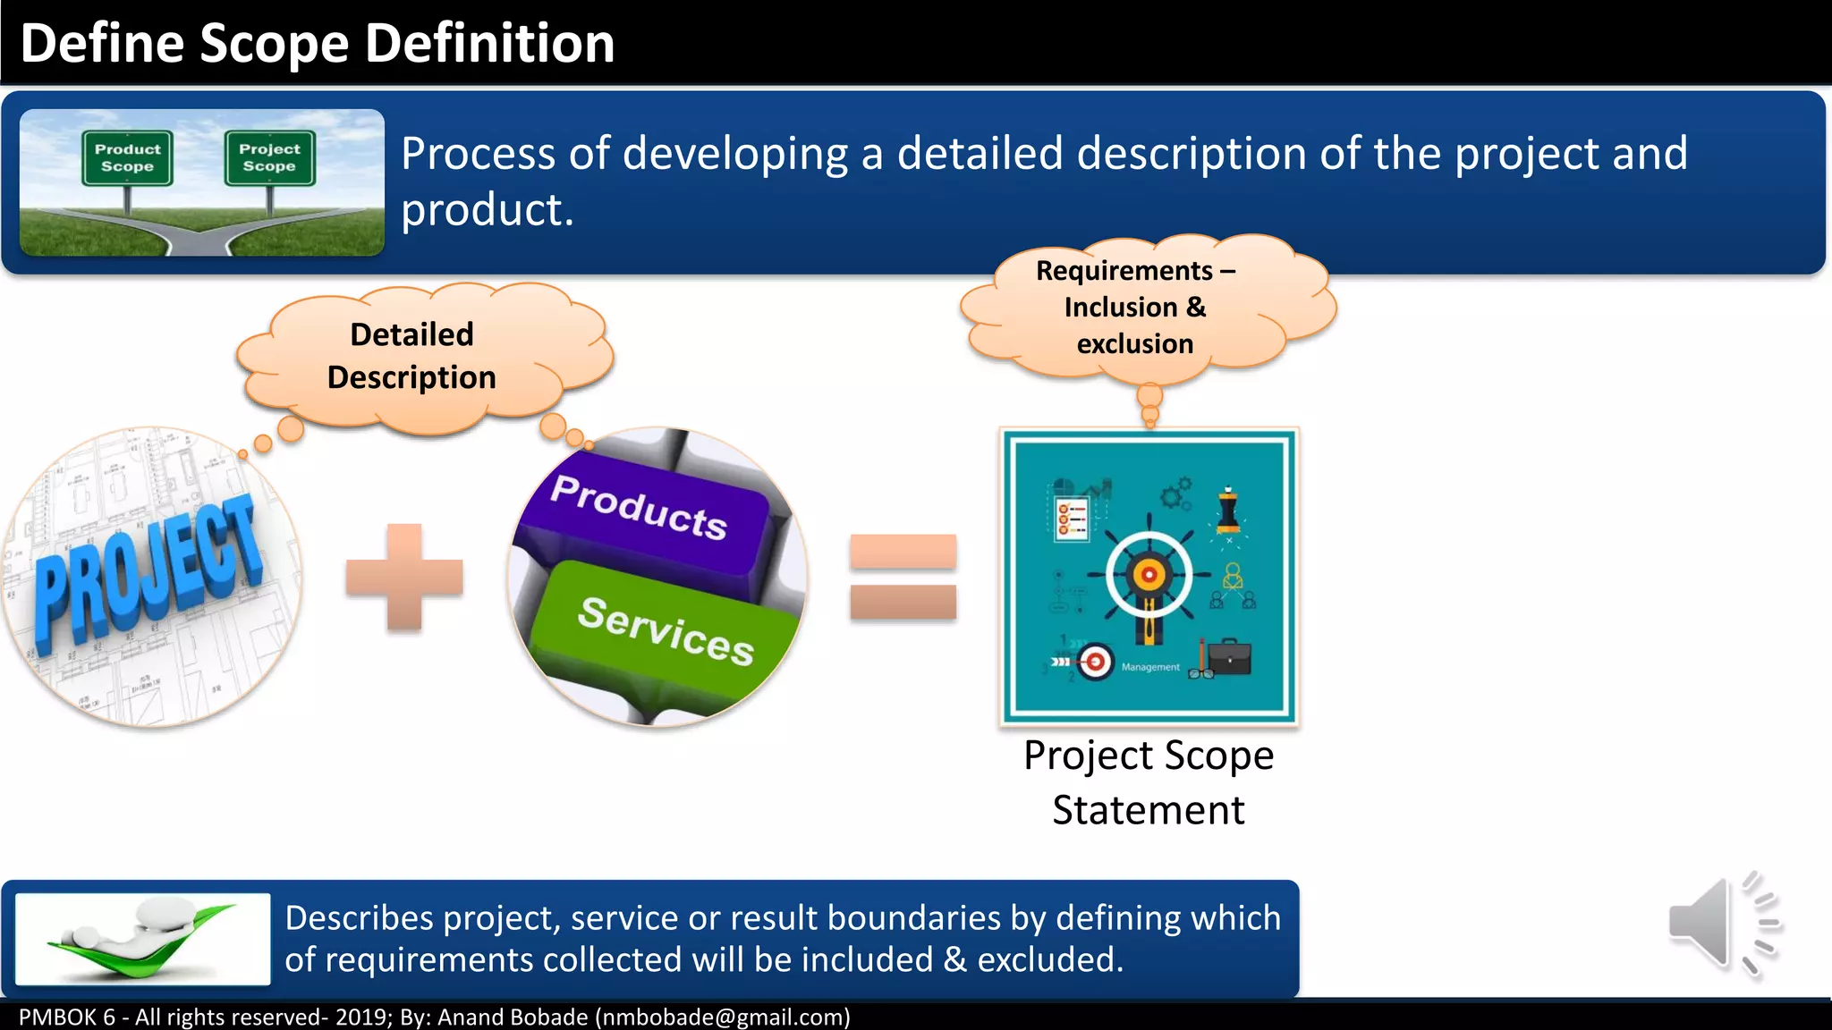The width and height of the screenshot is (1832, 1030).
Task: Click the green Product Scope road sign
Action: click(x=127, y=158)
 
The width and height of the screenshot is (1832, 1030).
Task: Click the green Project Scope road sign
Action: click(x=269, y=158)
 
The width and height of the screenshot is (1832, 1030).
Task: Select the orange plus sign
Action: click(x=404, y=578)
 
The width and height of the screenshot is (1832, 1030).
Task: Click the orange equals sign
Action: click(x=903, y=577)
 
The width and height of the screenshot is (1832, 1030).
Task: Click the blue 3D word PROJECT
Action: click(x=148, y=572)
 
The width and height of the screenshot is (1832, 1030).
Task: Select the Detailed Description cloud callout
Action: click(x=412, y=357)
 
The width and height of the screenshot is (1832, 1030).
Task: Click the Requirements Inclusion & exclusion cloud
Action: click(x=1135, y=307)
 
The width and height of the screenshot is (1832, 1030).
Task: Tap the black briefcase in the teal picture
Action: click(x=1229, y=658)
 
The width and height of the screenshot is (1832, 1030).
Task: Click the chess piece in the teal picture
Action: click(x=1228, y=511)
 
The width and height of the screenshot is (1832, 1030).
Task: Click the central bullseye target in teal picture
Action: click(x=1149, y=575)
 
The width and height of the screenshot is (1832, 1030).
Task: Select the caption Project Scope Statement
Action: click(x=1149, y=782)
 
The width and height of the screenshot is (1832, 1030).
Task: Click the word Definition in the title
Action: click(x=489, y=43)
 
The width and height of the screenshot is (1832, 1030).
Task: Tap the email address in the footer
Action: click(x=723, y=1017)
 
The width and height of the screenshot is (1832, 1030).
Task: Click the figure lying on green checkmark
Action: click(x=143, y=939)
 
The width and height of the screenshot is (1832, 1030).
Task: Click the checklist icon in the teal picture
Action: click(x=1072, y=518)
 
